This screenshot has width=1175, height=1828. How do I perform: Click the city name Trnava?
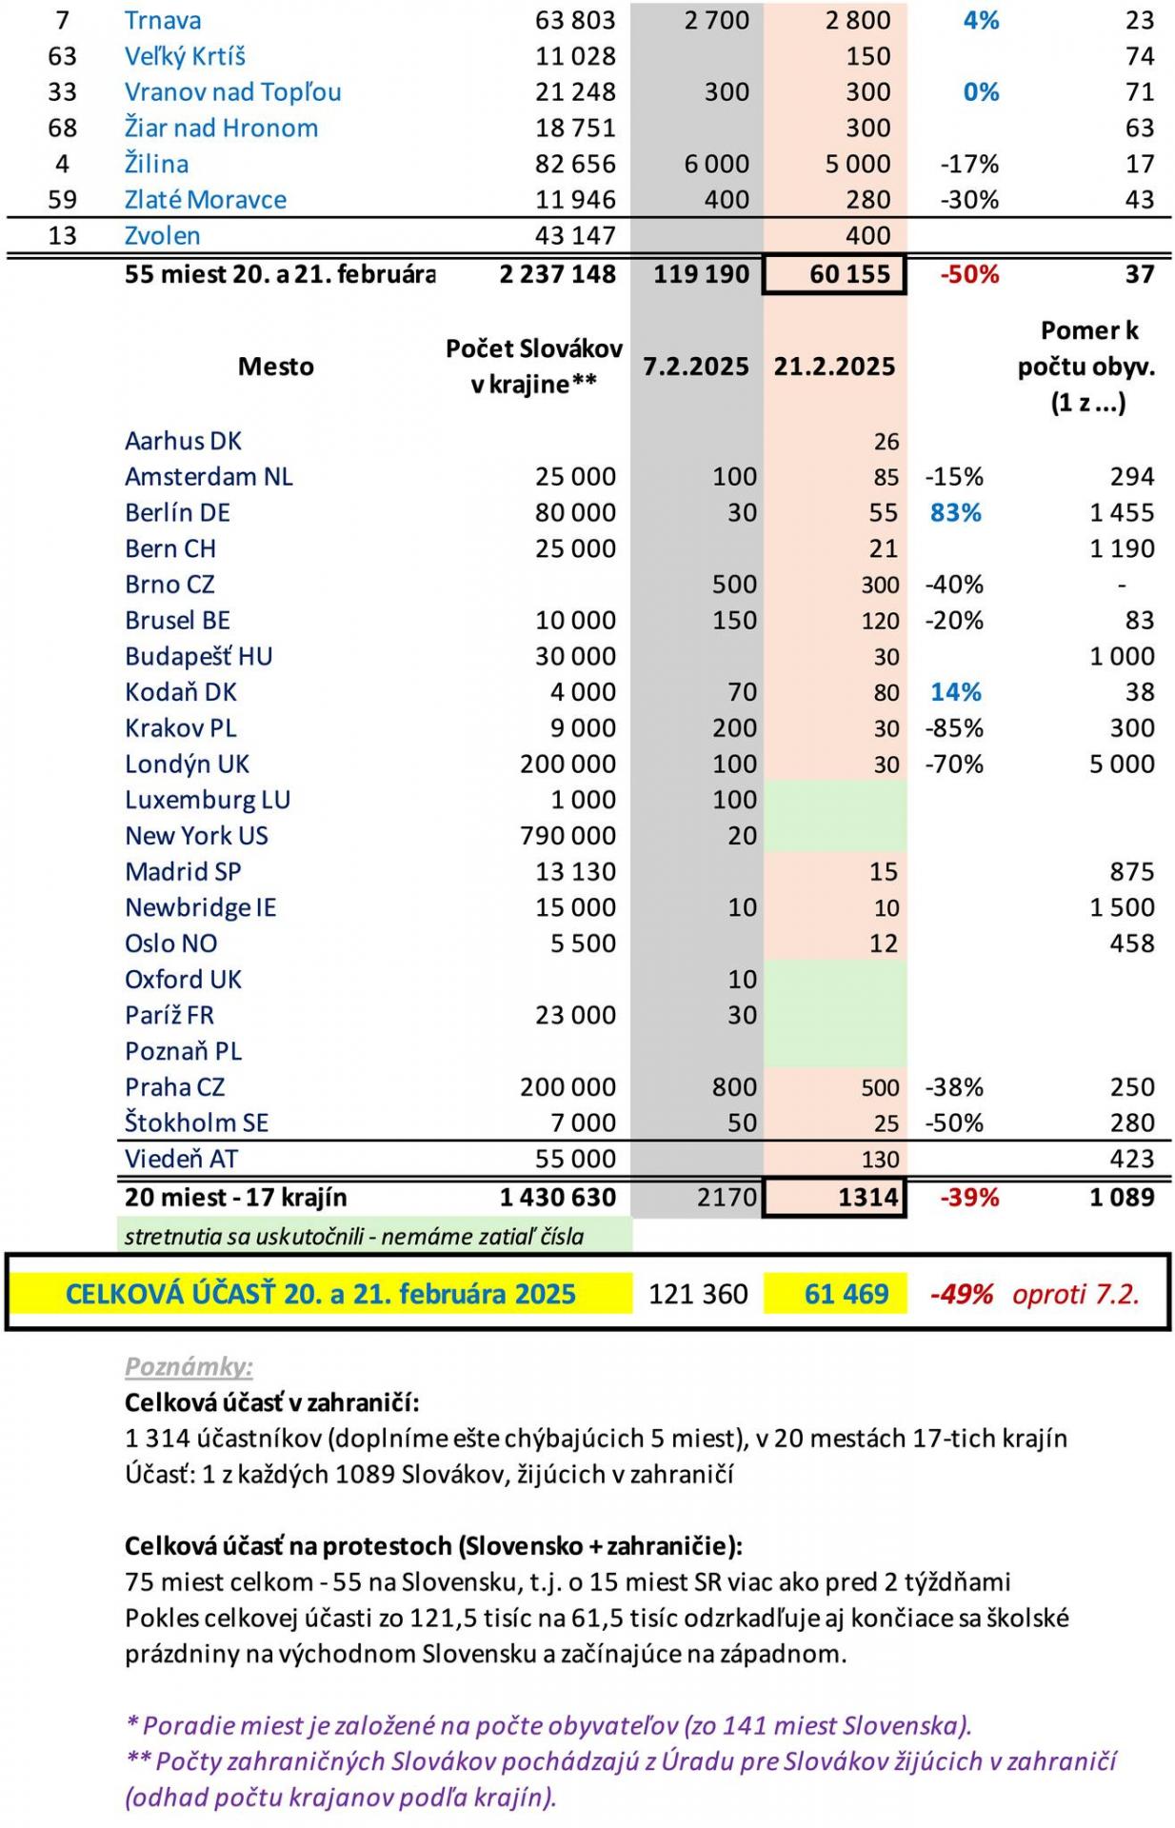point(162,20)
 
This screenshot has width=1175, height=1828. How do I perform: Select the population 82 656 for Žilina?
point(575,164)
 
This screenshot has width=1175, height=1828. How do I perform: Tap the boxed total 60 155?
point(849,274)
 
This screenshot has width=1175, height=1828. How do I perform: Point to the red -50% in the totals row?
point(969,274)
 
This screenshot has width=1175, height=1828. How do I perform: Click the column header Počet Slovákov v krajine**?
point(533,367)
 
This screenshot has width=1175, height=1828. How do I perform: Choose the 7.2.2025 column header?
point(696,367)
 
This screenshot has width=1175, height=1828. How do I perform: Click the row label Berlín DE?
point(177,512)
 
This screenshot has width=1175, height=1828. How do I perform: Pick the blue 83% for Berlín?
point(956,512)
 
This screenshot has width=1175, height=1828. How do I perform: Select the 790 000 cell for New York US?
point(568,835)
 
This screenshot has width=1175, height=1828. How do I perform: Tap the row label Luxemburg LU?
point(207,800)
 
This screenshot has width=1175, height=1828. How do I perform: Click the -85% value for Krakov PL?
point(954,728)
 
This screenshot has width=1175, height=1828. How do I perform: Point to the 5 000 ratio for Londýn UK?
point(1122,764)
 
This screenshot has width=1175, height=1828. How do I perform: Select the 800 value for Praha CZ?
point(734,1086)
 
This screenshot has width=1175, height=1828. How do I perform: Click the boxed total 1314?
point(867,1197)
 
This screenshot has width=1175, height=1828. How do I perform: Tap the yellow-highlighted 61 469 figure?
point(846,1294)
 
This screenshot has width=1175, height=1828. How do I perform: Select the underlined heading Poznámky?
point(189,1366)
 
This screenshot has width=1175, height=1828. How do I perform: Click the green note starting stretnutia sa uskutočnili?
point(353,1237)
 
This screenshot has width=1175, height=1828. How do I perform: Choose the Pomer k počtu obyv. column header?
point(1087,367)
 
